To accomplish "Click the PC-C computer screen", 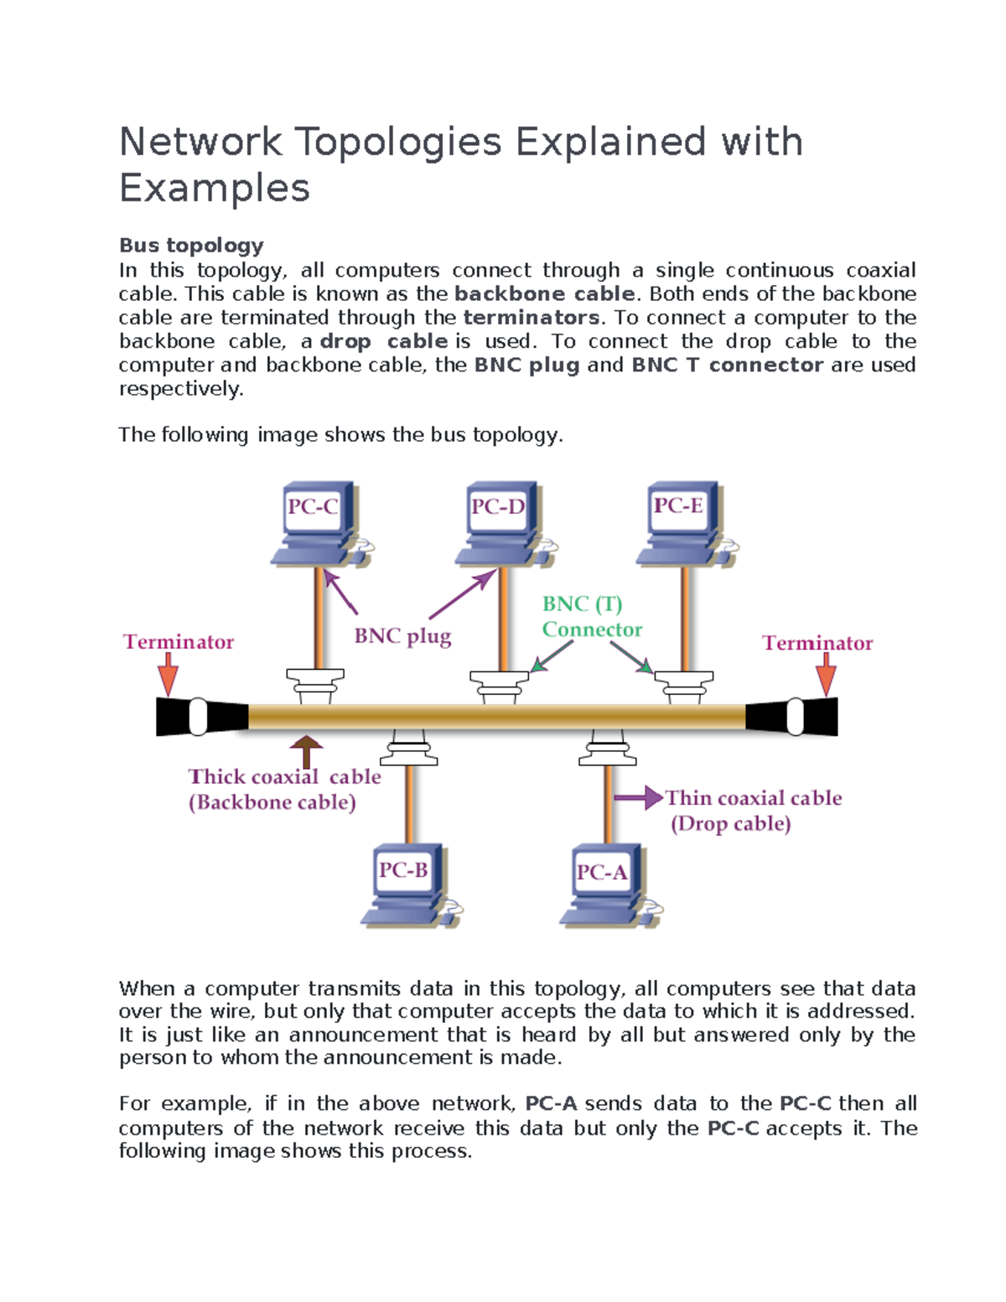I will click(x=313, y=507).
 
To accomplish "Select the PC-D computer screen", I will click(x=498, y=507).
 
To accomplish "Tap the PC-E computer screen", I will click(x=679, y=506).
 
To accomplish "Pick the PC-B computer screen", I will click(x=404, y=870).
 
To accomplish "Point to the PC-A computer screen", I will click(x=602, y=872).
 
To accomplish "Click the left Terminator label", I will click(x=179, y=642).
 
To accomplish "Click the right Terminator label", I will click(x=817, y=643).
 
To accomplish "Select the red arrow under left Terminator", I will click(x=169, y=674).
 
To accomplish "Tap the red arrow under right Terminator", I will click(x=827, y=674).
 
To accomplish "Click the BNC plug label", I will click(x=402, y=636).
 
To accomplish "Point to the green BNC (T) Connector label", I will click(x=591, y=617).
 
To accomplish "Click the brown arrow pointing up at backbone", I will click(x=307, y=751).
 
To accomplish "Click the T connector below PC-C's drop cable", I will click(x=315, y=686).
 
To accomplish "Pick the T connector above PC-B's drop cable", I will click(x=408, y=748).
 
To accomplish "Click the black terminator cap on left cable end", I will click(x=201, y=717).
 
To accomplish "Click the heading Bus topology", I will click(x=191, y=246).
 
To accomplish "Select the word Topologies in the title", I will click(x=398, y=142).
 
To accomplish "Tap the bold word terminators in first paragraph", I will click(x=531, y=318).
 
